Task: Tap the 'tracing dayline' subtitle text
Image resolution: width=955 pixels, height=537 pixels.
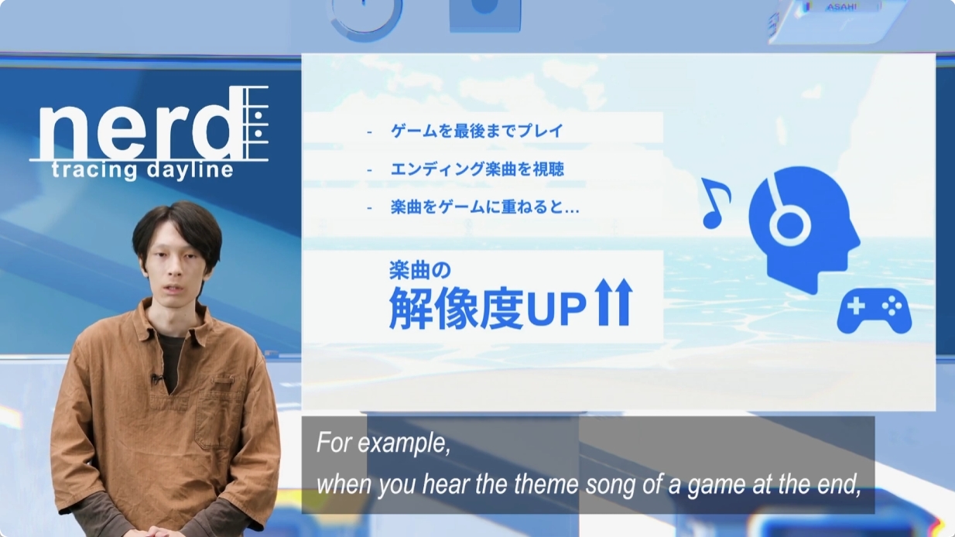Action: [x=142, y=170]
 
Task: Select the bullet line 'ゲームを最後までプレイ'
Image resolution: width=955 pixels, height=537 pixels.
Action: [x=477, y=131]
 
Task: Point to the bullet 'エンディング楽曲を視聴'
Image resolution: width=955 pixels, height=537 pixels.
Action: [x=477, y=169]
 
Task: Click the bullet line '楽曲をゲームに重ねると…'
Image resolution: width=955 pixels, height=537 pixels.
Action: [x=484, y=207]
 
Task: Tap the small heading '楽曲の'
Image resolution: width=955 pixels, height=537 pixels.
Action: [x=420, y=270]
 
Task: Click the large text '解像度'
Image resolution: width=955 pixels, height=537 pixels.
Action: [x=456, y=308]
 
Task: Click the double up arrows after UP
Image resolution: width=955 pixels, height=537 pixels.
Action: [x=614, y=303]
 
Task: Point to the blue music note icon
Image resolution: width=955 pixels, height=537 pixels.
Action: [x=715, y=204]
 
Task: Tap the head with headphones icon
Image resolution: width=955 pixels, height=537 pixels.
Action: [x=803, y=229]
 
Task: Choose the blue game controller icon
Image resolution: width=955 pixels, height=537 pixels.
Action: [x=874, y=311]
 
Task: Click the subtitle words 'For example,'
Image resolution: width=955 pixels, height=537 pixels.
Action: [x=383, y=443]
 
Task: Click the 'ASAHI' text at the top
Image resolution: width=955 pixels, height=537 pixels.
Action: [x=841, y=7]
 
